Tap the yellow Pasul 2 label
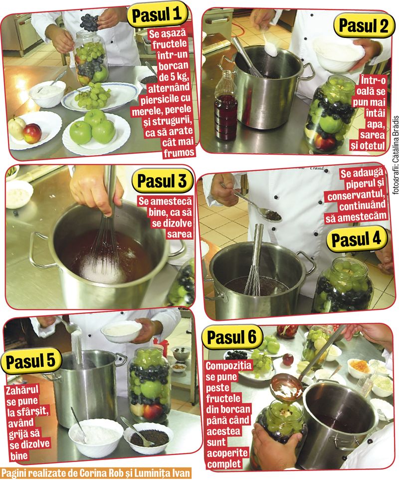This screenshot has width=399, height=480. point(363,26)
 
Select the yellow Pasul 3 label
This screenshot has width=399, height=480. point(162,181)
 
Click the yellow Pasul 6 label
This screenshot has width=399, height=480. point(232,337)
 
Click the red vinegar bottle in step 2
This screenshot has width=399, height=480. point(226,105)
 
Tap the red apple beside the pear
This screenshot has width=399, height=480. point(32,133)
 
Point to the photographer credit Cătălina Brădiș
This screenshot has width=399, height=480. point(396,155)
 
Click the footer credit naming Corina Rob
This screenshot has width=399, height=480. point(95,473)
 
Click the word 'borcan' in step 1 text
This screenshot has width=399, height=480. point(174,65)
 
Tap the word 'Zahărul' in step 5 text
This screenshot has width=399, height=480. point(22,390)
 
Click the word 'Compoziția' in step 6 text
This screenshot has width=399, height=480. point(228,366)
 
